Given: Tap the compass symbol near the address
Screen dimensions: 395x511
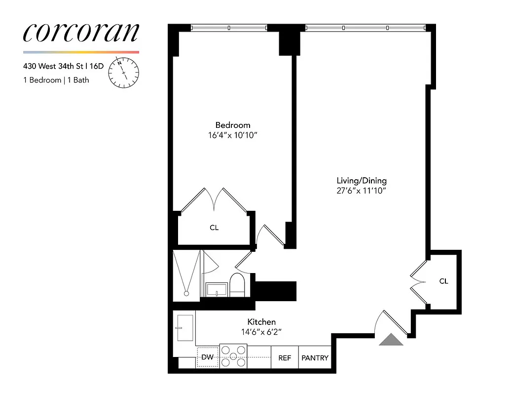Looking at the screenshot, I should click(124, 73).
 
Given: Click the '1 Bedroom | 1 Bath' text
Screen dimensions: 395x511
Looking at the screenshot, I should click(56, 80).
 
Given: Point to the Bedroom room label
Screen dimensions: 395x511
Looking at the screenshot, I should click(232, 125).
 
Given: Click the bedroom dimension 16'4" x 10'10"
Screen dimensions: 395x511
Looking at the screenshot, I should click(232, 135).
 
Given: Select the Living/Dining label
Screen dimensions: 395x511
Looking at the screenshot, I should click(361, 180).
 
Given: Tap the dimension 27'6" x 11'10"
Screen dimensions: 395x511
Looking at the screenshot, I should click(361, 191).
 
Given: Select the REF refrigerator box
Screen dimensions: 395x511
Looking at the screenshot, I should click(285, 358).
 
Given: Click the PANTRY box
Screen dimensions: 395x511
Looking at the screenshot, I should click(315, 358).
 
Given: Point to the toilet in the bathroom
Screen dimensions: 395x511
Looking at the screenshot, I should click(237, 284).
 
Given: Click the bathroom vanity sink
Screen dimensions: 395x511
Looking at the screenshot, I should click(217, 289).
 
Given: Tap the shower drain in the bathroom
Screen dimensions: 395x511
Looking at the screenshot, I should click(186, 293).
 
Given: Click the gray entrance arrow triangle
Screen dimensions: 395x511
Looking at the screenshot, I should click(391, 340).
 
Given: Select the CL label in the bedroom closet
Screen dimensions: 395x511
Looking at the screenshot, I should click(214, 228).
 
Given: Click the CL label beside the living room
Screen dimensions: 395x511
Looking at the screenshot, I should click(444, 281).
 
